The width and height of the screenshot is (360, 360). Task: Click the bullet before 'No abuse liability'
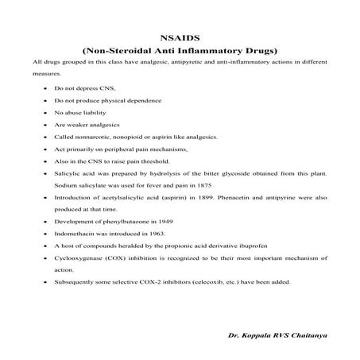44,115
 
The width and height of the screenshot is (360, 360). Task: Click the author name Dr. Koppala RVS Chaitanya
282,337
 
